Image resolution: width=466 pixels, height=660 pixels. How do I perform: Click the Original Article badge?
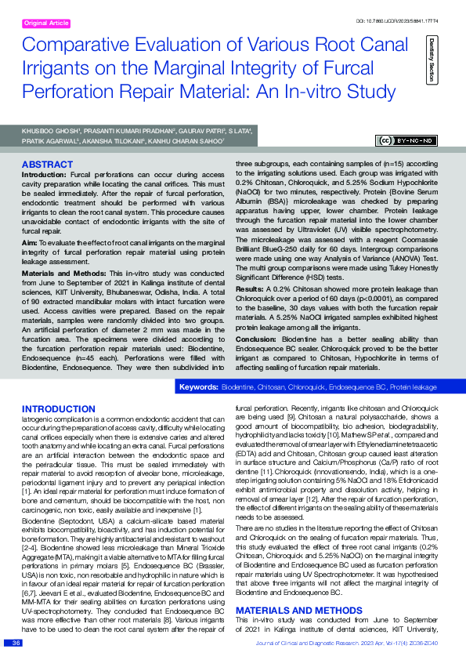48,24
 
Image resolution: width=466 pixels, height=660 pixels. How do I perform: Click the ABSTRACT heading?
47,165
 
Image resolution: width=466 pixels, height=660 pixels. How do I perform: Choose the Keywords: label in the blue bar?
198,387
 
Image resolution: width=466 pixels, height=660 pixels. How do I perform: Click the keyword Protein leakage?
414,387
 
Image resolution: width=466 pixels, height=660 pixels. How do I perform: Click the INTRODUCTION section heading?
58,409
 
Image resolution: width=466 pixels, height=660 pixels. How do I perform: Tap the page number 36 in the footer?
16,644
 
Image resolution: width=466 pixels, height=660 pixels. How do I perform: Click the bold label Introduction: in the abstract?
44,172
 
